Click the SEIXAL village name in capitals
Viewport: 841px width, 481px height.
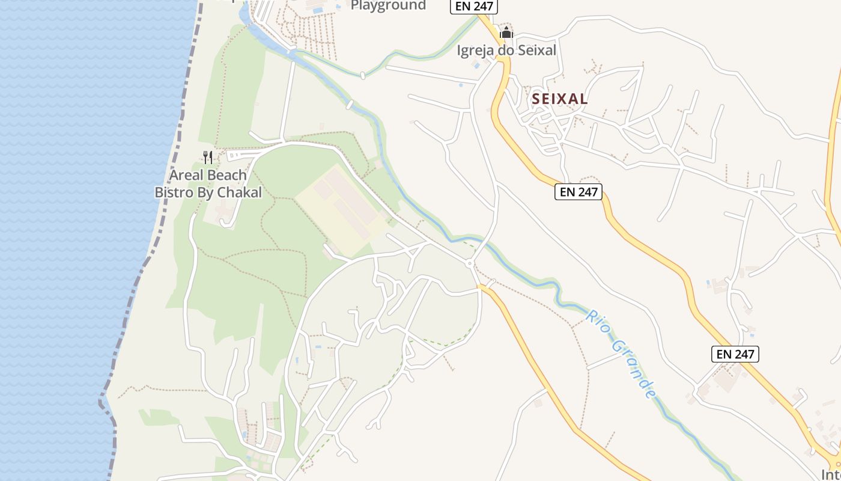(559, 99)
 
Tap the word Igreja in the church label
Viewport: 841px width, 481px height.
(476, 51)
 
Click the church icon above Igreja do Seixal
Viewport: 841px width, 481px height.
(506, 32)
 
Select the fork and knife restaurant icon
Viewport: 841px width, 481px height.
(208, 158)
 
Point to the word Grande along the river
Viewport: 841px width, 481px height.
(633, 370)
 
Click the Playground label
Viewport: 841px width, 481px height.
(388, 5)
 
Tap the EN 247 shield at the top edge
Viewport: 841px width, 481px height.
(474, 6)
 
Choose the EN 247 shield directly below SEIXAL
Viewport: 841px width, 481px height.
(578, 192)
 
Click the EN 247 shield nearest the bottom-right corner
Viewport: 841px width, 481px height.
(735, 354)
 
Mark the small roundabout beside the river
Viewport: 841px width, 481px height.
(469, 263)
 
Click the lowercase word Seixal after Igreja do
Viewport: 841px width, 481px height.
(536, 51)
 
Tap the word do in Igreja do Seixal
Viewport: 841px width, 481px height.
(505, 51)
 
